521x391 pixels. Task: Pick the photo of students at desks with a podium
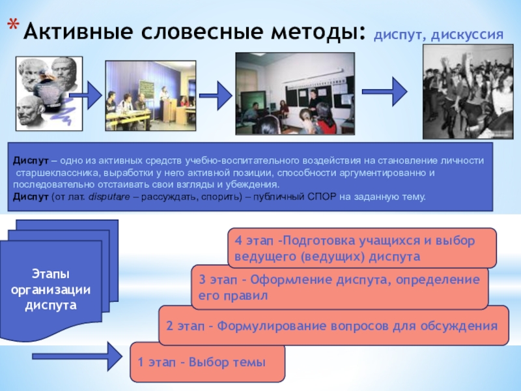tap(150, 96)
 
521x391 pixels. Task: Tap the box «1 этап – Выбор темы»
tap(208, 362)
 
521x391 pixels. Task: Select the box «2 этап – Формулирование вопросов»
tap(332, 326)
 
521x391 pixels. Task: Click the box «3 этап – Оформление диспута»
tap(339, 287)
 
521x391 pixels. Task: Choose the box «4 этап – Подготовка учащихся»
tap(361, 248)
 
